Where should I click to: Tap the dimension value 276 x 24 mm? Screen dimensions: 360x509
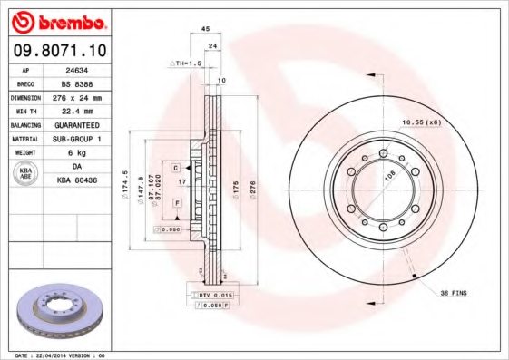tap(77, 97)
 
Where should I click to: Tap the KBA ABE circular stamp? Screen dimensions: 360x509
tap(26, 173)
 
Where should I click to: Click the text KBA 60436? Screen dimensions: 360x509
tap(77, 181)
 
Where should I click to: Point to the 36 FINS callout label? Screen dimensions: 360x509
tap(453, 293)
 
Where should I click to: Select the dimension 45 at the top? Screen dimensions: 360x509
tap(206, 29)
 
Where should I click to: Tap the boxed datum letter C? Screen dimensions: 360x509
tap(176, 169)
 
